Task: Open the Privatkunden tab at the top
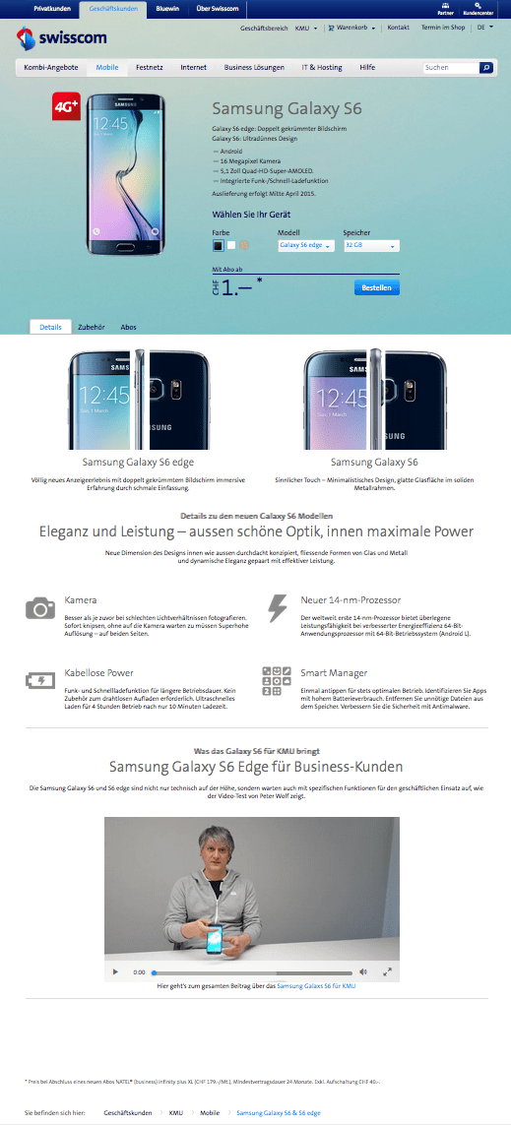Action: click(51, 8)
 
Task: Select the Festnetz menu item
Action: click(150, 68)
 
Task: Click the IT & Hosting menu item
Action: click(321, 68)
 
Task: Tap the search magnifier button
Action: click(486, 68)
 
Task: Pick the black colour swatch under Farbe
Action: click(219, 245)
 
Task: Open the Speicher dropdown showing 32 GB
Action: click(371, 245)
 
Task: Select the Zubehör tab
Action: click(91, 327)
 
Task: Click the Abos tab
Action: click(128, 327)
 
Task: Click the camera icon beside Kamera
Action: click(40, 608)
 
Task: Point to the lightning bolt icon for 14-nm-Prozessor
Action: click(278, 606)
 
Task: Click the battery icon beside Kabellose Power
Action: click(40, 680)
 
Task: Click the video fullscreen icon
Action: click(387, 971)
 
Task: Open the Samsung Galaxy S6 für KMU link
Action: click(316, 985)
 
